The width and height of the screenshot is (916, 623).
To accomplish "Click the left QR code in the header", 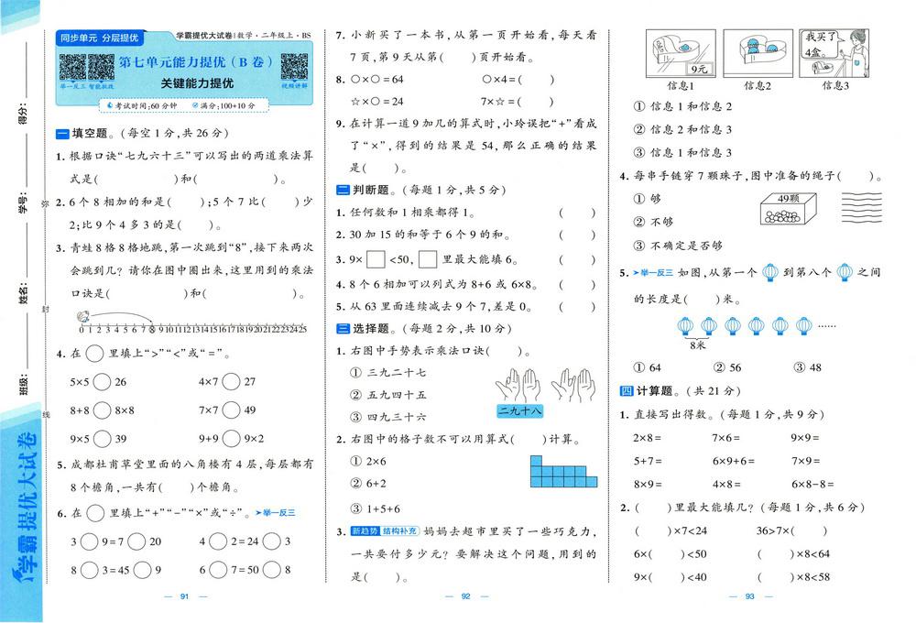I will tap(72, 67).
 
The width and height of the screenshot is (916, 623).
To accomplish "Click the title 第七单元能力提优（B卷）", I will tap(196, 63).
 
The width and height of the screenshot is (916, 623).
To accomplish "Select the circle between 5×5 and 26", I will tap(97, 381).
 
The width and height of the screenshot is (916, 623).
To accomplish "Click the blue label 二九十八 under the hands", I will tap(518, 411).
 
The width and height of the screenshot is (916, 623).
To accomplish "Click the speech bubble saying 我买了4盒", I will tap(818, 43).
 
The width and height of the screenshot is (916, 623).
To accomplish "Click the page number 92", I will tap(464, 597).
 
